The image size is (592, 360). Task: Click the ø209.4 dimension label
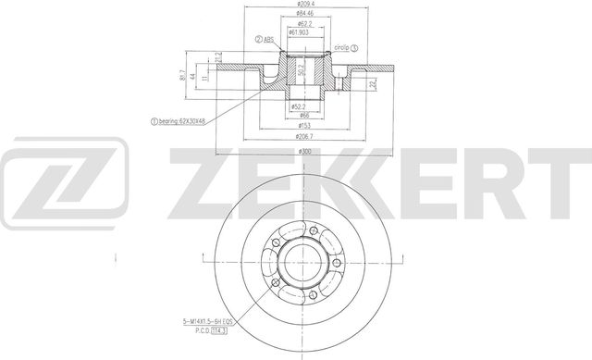point(296,6)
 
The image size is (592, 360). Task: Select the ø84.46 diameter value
point(296,15)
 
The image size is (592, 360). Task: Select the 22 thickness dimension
point(372,84)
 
